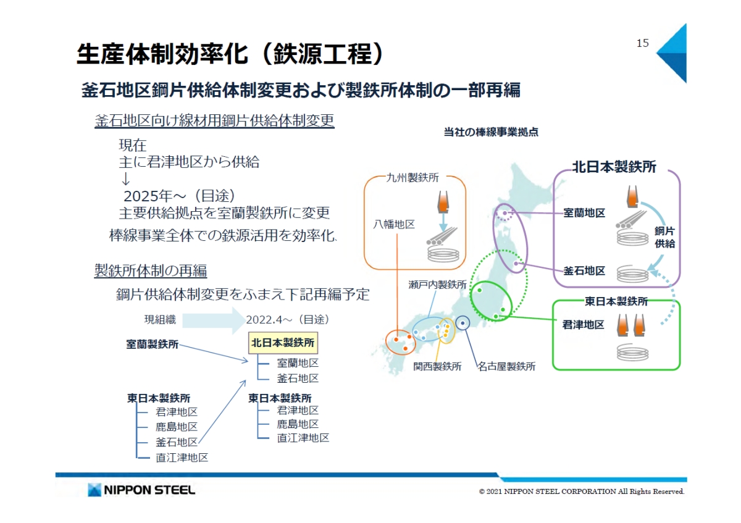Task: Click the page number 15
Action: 643,43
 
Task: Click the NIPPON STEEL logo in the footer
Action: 141,490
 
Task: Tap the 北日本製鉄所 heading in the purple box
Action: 614,167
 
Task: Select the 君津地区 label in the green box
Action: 583,324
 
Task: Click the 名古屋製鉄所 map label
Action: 506,366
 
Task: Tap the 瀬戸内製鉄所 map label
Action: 437,285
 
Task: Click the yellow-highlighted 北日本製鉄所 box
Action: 283,341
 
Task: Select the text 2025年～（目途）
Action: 180,196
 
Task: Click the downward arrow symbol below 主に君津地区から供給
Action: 125,180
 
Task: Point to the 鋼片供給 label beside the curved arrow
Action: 664,237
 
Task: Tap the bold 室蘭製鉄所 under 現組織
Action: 153,345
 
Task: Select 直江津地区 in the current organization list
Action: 182,458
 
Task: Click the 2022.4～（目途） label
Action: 287,320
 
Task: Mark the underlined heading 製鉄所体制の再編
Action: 151,270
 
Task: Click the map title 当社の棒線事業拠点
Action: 491,132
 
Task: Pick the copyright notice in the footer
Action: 582,492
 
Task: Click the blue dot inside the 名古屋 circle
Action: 463,322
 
